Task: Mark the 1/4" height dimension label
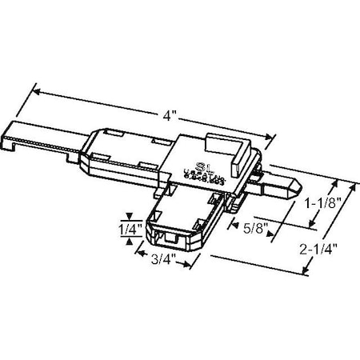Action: [x=130, y=230]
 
